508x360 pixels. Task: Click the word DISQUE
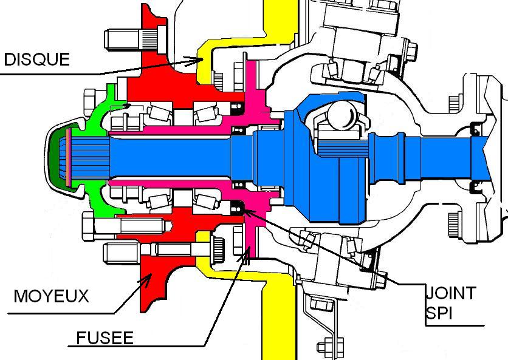[37, 59]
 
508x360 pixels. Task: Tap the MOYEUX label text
[51, 296]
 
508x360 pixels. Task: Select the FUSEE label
[105, 337]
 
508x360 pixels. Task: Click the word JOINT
[450, 293]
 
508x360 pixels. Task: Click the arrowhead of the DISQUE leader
[204, 59]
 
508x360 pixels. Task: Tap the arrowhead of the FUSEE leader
[247, 251]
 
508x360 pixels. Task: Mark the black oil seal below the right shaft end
[478, 189]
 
